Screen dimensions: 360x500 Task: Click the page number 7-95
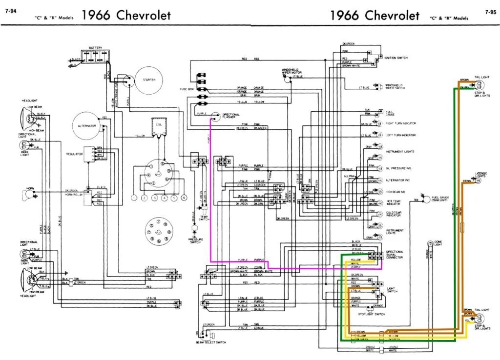click(490, 11)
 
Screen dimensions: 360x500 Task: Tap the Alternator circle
click(87, 126)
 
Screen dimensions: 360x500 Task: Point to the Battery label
click(95, 48)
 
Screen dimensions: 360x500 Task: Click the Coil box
click(159, 126)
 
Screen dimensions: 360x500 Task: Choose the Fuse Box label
click(187, 89)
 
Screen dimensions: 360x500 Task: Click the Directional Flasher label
click(230, 116)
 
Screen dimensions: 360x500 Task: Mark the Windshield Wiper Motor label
click(290, 72)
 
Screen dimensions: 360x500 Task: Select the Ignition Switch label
click(396, 58)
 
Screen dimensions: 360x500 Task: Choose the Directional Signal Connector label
click(395, 255)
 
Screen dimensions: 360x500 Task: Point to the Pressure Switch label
click(195, 240)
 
